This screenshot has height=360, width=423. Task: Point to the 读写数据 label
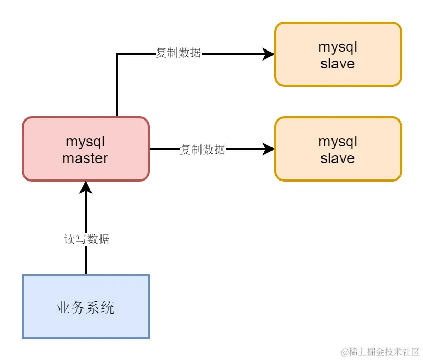(x=87, y=239)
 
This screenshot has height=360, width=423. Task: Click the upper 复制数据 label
(x=178, y=53)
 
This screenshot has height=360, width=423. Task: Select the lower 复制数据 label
(x=203, y=149)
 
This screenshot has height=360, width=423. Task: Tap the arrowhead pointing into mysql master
(x=86, y=187)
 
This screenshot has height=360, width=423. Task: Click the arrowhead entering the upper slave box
(x=269, y=54)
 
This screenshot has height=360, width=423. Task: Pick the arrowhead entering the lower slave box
(x=269, y=149)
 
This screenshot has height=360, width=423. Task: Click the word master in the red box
(x=85, y=158)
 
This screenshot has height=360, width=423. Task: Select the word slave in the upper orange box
(x=337, y=64)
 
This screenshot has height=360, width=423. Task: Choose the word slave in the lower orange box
(x=337, y=158)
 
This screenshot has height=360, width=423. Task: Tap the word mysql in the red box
(x=85, y=142)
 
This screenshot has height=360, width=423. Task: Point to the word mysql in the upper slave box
(x=338, y=47)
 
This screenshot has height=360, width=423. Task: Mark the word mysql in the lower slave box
(x=338, y=142)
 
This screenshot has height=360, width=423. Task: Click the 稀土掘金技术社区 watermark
(x=380, y=351)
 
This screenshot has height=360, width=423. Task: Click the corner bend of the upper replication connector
(x=117, y=54)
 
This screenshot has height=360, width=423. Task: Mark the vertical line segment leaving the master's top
(x=117, y=87)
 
